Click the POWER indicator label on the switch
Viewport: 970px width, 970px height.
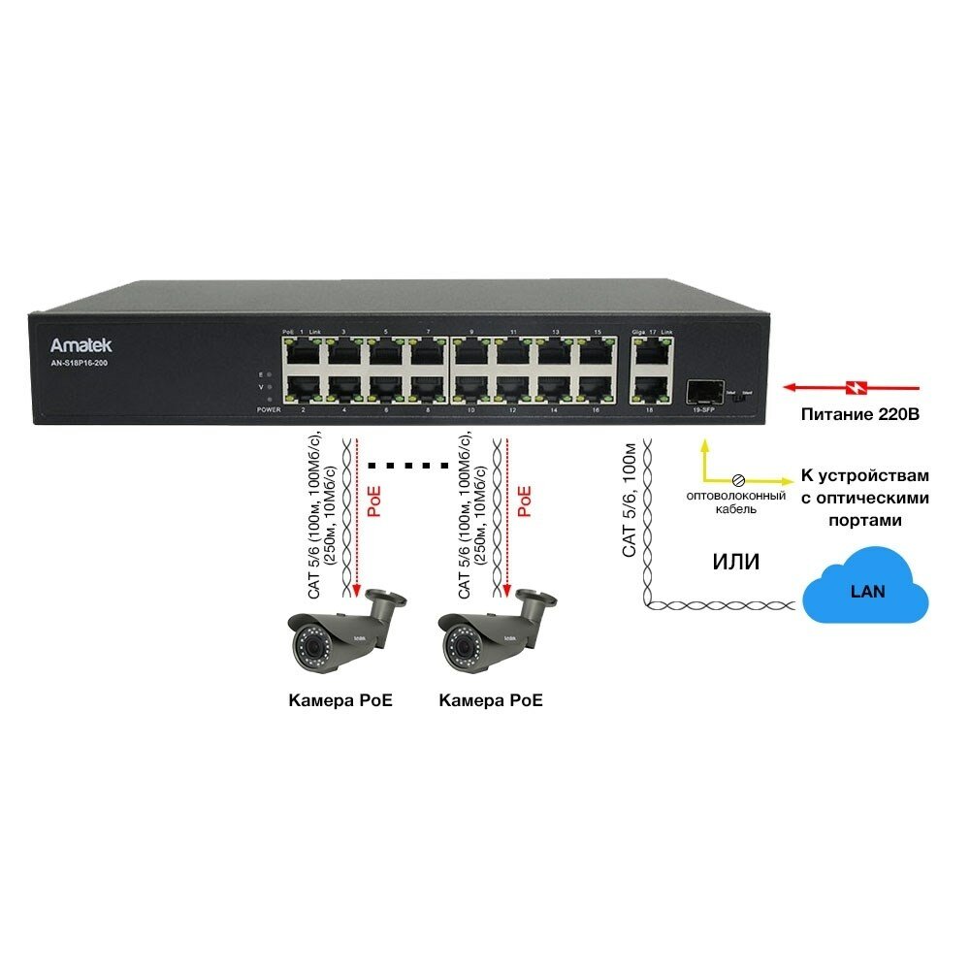coord(269,410)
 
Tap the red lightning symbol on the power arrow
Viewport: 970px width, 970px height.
coord(855,388)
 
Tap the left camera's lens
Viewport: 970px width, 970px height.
coord(309,643)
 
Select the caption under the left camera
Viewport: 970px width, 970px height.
coord(340,700)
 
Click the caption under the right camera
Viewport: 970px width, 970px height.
coord(491,700)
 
